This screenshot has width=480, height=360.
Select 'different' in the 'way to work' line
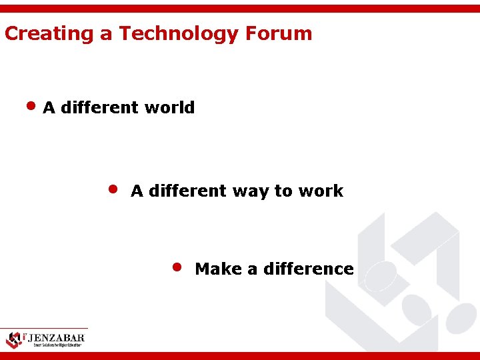click(x=188, y=191)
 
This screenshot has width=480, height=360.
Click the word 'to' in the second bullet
click(x=283, y=191)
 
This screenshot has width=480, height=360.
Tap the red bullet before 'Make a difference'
click(x=177, y=267)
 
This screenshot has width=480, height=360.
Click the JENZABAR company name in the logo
click(x=55, y=337)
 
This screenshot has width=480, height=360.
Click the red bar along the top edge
click(x=240, y=8)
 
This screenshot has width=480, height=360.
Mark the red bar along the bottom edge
click(x=240, y=355)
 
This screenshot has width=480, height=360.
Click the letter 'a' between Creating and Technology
click(x=107, y=34)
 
